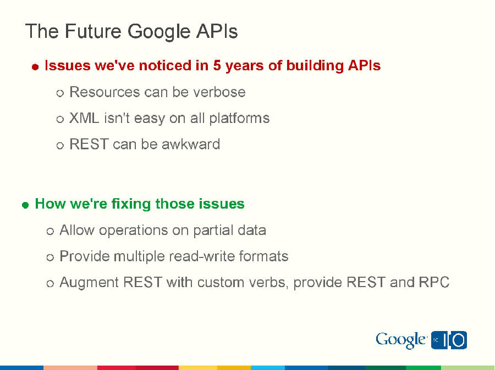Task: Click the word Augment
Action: point(89,283)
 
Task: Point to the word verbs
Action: point(272,283)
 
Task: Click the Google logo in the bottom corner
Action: point(401,340)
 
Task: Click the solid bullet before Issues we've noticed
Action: point(35,67)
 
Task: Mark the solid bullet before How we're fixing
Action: point(25,205)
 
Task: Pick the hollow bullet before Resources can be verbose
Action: point(61,93)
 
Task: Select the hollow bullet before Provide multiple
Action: point(51,257)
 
